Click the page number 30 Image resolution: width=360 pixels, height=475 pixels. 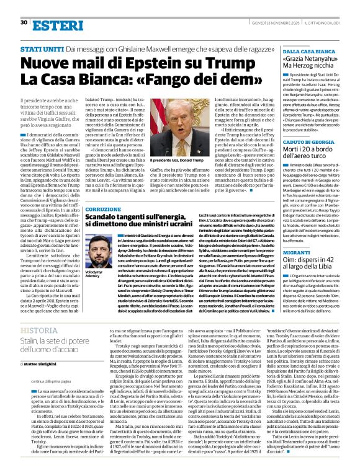pos(24,23)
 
